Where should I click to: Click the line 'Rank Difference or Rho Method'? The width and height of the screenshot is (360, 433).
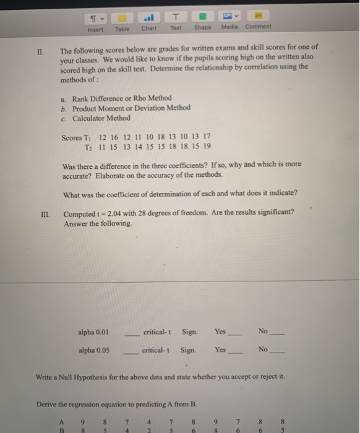[121, 98]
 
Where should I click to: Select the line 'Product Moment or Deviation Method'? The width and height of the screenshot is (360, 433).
[131, 108]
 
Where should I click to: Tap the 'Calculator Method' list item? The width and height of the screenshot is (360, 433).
[101, 118]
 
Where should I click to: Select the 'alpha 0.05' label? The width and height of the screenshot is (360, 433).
[94, 349]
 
